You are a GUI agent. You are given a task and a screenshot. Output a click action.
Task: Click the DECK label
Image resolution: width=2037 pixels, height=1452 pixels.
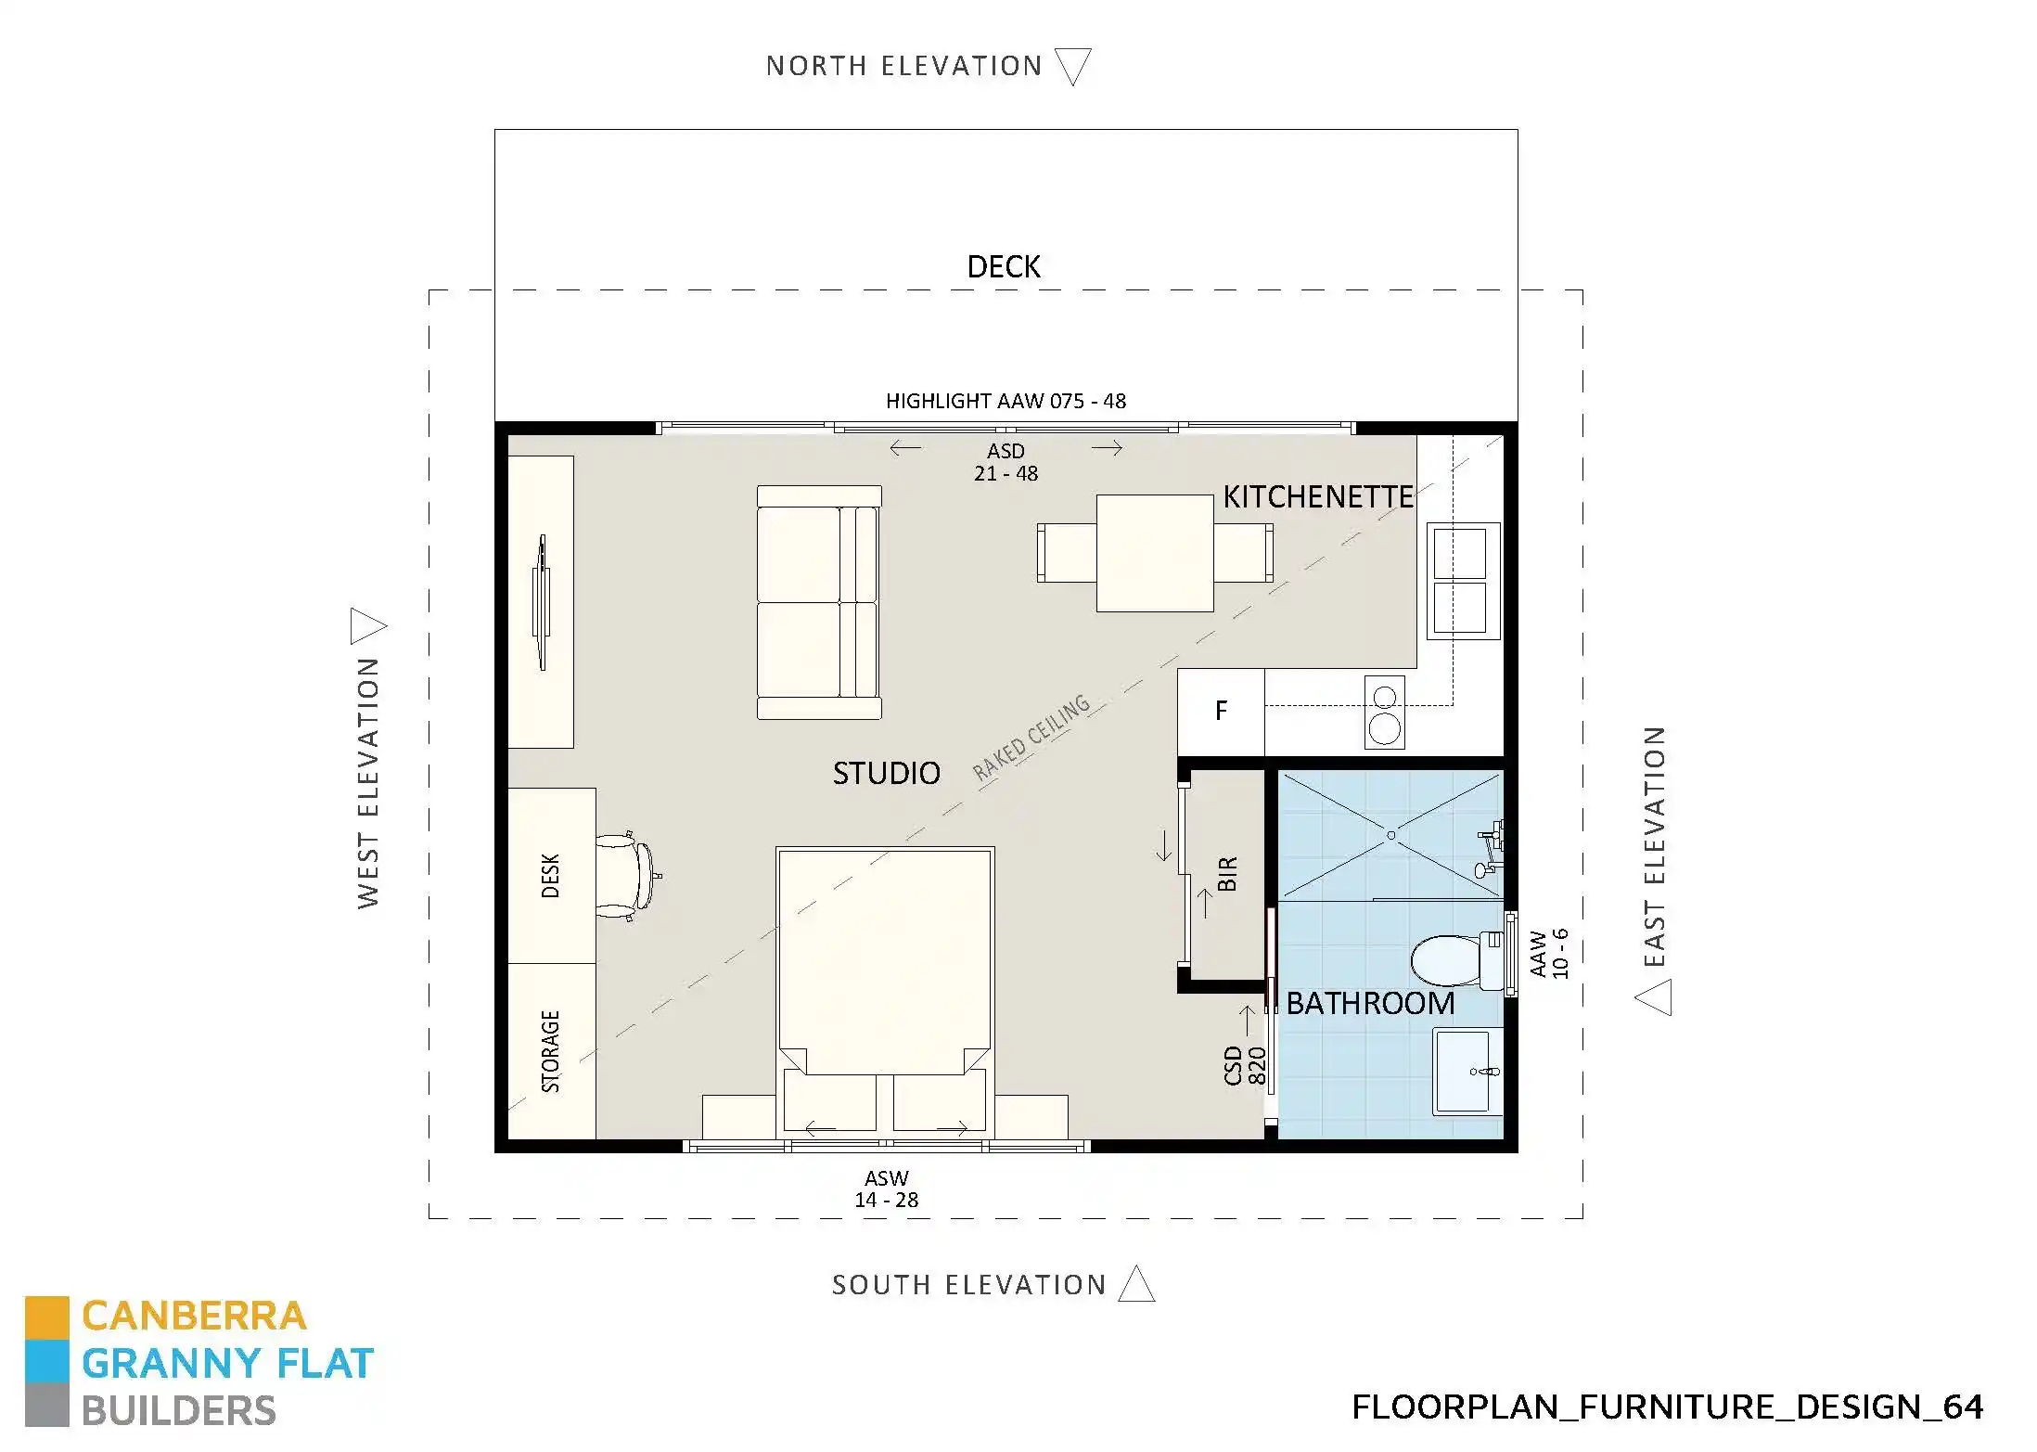pos(1003,267)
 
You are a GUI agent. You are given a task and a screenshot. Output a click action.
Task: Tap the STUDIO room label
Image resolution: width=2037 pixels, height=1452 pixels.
pos(886,773)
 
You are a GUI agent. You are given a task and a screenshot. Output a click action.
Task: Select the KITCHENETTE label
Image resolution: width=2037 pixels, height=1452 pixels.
pos(1317,497)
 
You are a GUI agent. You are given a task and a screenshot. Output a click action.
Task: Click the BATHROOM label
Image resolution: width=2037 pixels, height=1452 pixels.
pos(1370,1003)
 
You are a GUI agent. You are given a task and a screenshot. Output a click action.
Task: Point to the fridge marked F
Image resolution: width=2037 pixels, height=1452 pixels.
pos(1221,711)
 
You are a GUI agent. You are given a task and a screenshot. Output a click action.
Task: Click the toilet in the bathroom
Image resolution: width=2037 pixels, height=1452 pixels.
pos(1452,960)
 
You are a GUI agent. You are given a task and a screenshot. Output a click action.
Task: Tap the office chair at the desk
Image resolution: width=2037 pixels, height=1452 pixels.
pos(625,876)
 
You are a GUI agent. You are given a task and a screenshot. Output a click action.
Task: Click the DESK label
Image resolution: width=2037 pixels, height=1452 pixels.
pos(550,876)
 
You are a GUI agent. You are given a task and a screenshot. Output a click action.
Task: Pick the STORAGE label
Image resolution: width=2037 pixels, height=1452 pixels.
pos(550,1051)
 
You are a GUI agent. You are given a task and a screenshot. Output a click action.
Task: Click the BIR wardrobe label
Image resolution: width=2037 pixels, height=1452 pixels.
pos(1227,874)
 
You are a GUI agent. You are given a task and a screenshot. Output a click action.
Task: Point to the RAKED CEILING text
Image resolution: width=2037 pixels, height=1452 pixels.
pos(1031,739)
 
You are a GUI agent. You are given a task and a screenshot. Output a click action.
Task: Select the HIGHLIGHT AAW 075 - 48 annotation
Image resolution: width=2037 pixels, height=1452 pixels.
pos(1006,401)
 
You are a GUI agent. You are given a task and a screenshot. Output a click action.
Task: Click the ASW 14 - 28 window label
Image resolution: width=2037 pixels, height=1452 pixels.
pos(886,1189)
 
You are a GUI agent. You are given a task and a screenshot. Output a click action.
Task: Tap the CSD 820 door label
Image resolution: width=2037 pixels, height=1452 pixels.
pos(1245,1065)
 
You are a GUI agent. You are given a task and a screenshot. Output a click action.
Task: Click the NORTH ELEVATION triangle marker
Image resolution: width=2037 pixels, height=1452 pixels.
pos(1073,65)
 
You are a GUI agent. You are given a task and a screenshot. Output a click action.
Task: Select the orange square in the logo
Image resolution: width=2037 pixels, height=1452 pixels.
pos(46,1317)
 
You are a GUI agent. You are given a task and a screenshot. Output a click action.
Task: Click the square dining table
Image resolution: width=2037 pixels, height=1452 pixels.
pos(1154,553)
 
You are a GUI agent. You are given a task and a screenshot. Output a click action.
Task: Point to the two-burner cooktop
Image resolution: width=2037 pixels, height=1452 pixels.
pos(1384,712)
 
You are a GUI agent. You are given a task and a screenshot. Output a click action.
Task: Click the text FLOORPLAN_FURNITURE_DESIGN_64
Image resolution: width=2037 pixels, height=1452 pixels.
pos(1667,1407)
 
